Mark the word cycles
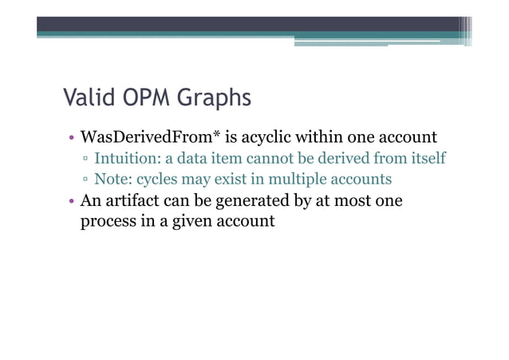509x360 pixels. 164,179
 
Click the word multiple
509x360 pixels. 298,179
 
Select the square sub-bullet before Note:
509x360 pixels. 85,179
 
